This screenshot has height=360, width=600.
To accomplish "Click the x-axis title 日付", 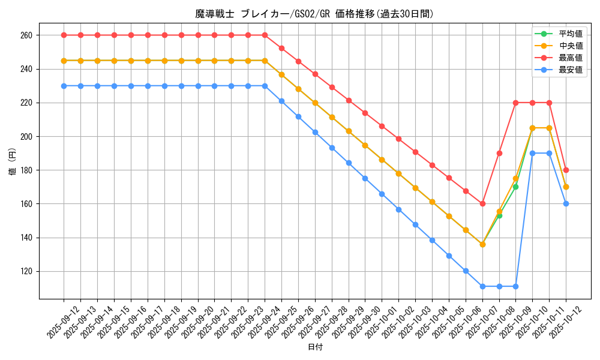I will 315,347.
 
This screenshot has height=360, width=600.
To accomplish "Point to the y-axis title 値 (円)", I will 13,162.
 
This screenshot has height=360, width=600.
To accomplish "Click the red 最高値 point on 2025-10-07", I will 482,204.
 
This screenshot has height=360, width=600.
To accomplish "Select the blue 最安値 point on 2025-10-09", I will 516,286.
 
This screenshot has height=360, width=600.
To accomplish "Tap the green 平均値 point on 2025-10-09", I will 516,187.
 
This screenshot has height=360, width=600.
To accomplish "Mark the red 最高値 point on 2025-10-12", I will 566,170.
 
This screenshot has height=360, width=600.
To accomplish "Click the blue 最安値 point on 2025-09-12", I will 64,86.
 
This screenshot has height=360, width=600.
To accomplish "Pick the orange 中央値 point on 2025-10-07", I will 482,244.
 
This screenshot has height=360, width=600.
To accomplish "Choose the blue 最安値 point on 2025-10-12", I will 566,204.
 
